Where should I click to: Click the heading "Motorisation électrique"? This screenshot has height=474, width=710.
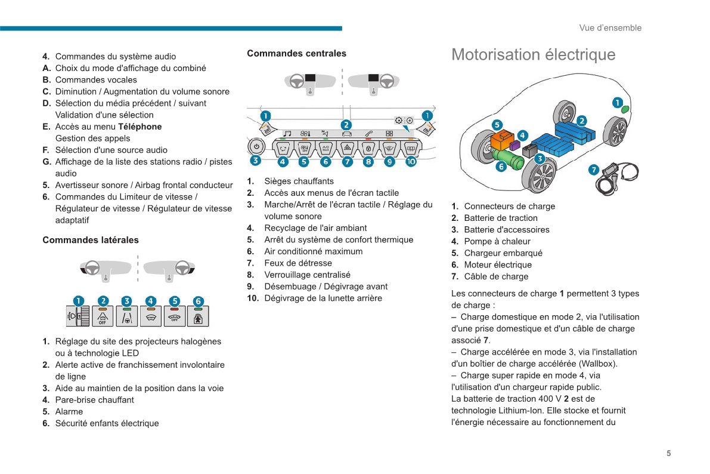pos(533,55)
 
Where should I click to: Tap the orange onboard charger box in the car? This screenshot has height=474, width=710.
pos(502,140)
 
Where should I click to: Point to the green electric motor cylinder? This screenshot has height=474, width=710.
pos(508,160)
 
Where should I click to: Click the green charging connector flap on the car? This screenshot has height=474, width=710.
pos(625,109)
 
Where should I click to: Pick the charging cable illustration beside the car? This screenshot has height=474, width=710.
pos(614,178)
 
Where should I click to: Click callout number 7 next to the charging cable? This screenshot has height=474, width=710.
pos(594,170)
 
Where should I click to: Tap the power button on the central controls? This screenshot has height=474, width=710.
pos(256,146)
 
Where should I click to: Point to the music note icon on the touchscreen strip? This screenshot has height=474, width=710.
pos(287,133)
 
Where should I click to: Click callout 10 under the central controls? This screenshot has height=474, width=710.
pos(411,161)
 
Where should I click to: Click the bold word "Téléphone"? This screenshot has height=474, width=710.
pos(139,127)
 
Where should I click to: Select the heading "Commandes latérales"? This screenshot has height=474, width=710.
pos(91,240)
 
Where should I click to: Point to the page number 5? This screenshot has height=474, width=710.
pos(668,453)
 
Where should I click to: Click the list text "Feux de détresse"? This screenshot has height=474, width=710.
pos(298,263)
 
